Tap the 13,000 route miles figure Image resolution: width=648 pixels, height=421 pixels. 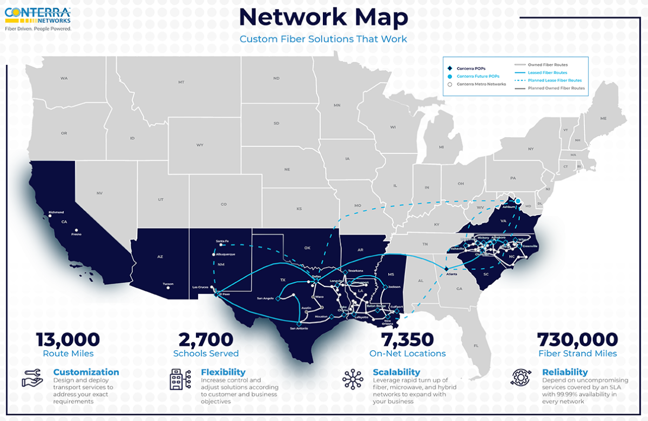tap(68, 340)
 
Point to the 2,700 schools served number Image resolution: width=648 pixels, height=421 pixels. tap(206, 340)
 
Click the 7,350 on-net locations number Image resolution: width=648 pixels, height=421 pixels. tap(407, 340)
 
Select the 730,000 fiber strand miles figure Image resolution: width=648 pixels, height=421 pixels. tap(577, 340)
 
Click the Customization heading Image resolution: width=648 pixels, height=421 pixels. tap(86, 372)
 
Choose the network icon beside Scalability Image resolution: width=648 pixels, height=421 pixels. tap(353, 379)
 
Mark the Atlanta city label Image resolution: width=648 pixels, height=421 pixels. tap(451, 275)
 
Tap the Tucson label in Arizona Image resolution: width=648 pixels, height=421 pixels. tap(168, 284)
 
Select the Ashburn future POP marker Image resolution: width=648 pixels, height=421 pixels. tap(517, 201)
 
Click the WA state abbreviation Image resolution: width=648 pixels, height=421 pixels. tap(64, 78)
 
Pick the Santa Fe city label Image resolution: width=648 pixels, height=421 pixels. tap(222, 241)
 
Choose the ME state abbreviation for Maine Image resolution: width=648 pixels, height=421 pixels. tap(603, 118)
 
